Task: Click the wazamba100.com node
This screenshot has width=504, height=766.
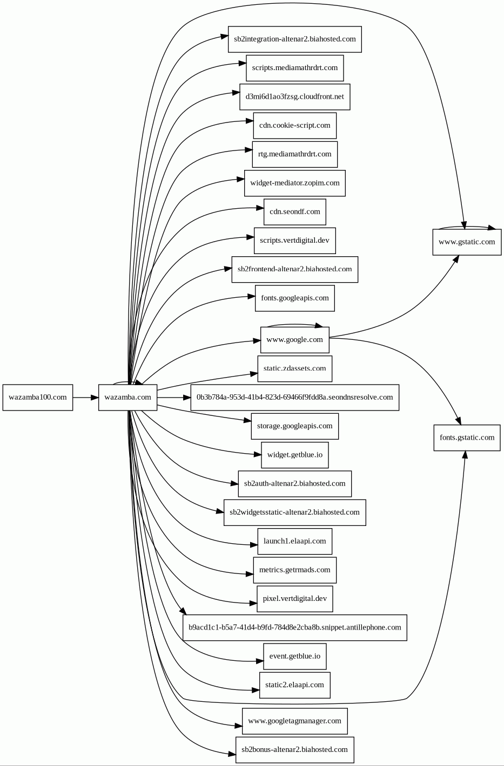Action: tap(38, 398)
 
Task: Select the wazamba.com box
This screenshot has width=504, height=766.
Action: tap(127, 398)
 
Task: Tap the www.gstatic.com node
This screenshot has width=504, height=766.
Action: tap(467, 242)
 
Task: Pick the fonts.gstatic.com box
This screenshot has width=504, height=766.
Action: tap(467, 437)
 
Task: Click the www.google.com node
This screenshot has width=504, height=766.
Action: tap(295, 340)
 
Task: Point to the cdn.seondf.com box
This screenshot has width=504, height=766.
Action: tap(295, 212)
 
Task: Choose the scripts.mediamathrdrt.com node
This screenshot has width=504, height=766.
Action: tap(295, 68)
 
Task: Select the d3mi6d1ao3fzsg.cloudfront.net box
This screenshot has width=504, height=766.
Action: tap(295, 97)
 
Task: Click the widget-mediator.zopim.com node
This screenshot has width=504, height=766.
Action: tap(295, 183)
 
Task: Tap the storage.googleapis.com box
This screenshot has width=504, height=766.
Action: tap(295, 426)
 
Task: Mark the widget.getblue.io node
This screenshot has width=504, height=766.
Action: tap(295, 455)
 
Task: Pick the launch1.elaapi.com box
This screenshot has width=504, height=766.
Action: tap(295, 542)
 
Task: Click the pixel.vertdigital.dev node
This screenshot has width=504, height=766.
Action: tap(295, 599)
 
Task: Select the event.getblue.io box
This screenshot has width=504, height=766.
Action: tap(295, 656)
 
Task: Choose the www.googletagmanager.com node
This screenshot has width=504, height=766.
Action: tap(295, 721)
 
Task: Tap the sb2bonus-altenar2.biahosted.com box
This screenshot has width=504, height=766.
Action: tap(295, 750)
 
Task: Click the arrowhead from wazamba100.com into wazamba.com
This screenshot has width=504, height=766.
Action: tap(95, 398)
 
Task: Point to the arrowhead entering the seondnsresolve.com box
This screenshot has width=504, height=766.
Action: tap(186, 398)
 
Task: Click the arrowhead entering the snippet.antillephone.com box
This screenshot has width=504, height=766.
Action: tap(183, 611)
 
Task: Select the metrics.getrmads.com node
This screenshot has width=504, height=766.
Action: tap(295, 570)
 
